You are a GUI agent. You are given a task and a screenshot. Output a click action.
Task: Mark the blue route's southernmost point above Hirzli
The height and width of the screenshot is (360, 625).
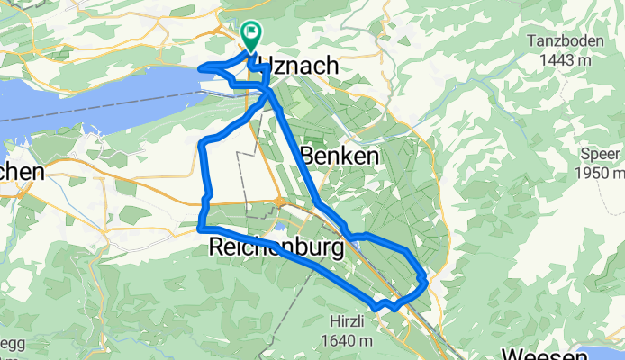tap(390, 309)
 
